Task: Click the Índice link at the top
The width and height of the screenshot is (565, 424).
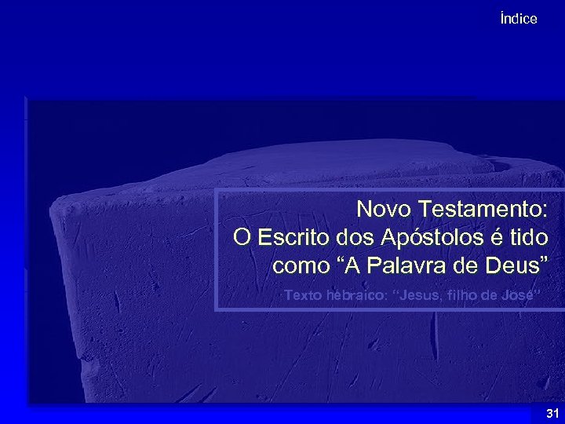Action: tap(519, 19)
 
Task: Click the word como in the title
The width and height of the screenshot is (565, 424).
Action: tap(301, 265)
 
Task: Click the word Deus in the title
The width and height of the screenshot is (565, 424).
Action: tap(511, 265)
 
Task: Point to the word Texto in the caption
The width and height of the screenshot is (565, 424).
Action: tap(301, 295)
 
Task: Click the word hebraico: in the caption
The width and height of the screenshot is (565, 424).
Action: tap(357, 295)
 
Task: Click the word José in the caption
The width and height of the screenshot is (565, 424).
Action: tap(522, 295)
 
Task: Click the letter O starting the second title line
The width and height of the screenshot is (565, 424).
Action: tap(242, 237)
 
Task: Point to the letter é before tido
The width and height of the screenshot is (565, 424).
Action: tap(493, 237)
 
